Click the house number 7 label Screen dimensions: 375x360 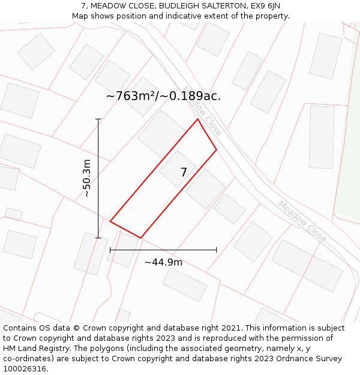(x=184, y=173)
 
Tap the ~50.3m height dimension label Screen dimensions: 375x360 (x=87, y=178)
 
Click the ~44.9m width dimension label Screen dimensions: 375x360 (x=163, y=262)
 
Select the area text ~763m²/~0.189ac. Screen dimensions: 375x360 (x=163, y=96)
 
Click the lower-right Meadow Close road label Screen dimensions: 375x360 (x=302, y=221)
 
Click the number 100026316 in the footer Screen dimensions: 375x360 (x=25, y=368)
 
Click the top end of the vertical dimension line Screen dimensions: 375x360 (x=98, y=119)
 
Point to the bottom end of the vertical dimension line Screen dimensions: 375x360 (x=98, y=238)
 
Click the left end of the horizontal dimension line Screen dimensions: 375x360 (x=110, y=250)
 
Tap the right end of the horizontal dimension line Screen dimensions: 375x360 (x=217, y=250)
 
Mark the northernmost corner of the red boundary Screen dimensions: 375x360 (x=197, y=119)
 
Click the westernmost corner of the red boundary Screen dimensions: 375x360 (x=110, y=221)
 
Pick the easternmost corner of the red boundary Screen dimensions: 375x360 (x=217, y=149)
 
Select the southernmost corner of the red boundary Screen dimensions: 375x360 (x=141, y=238)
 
